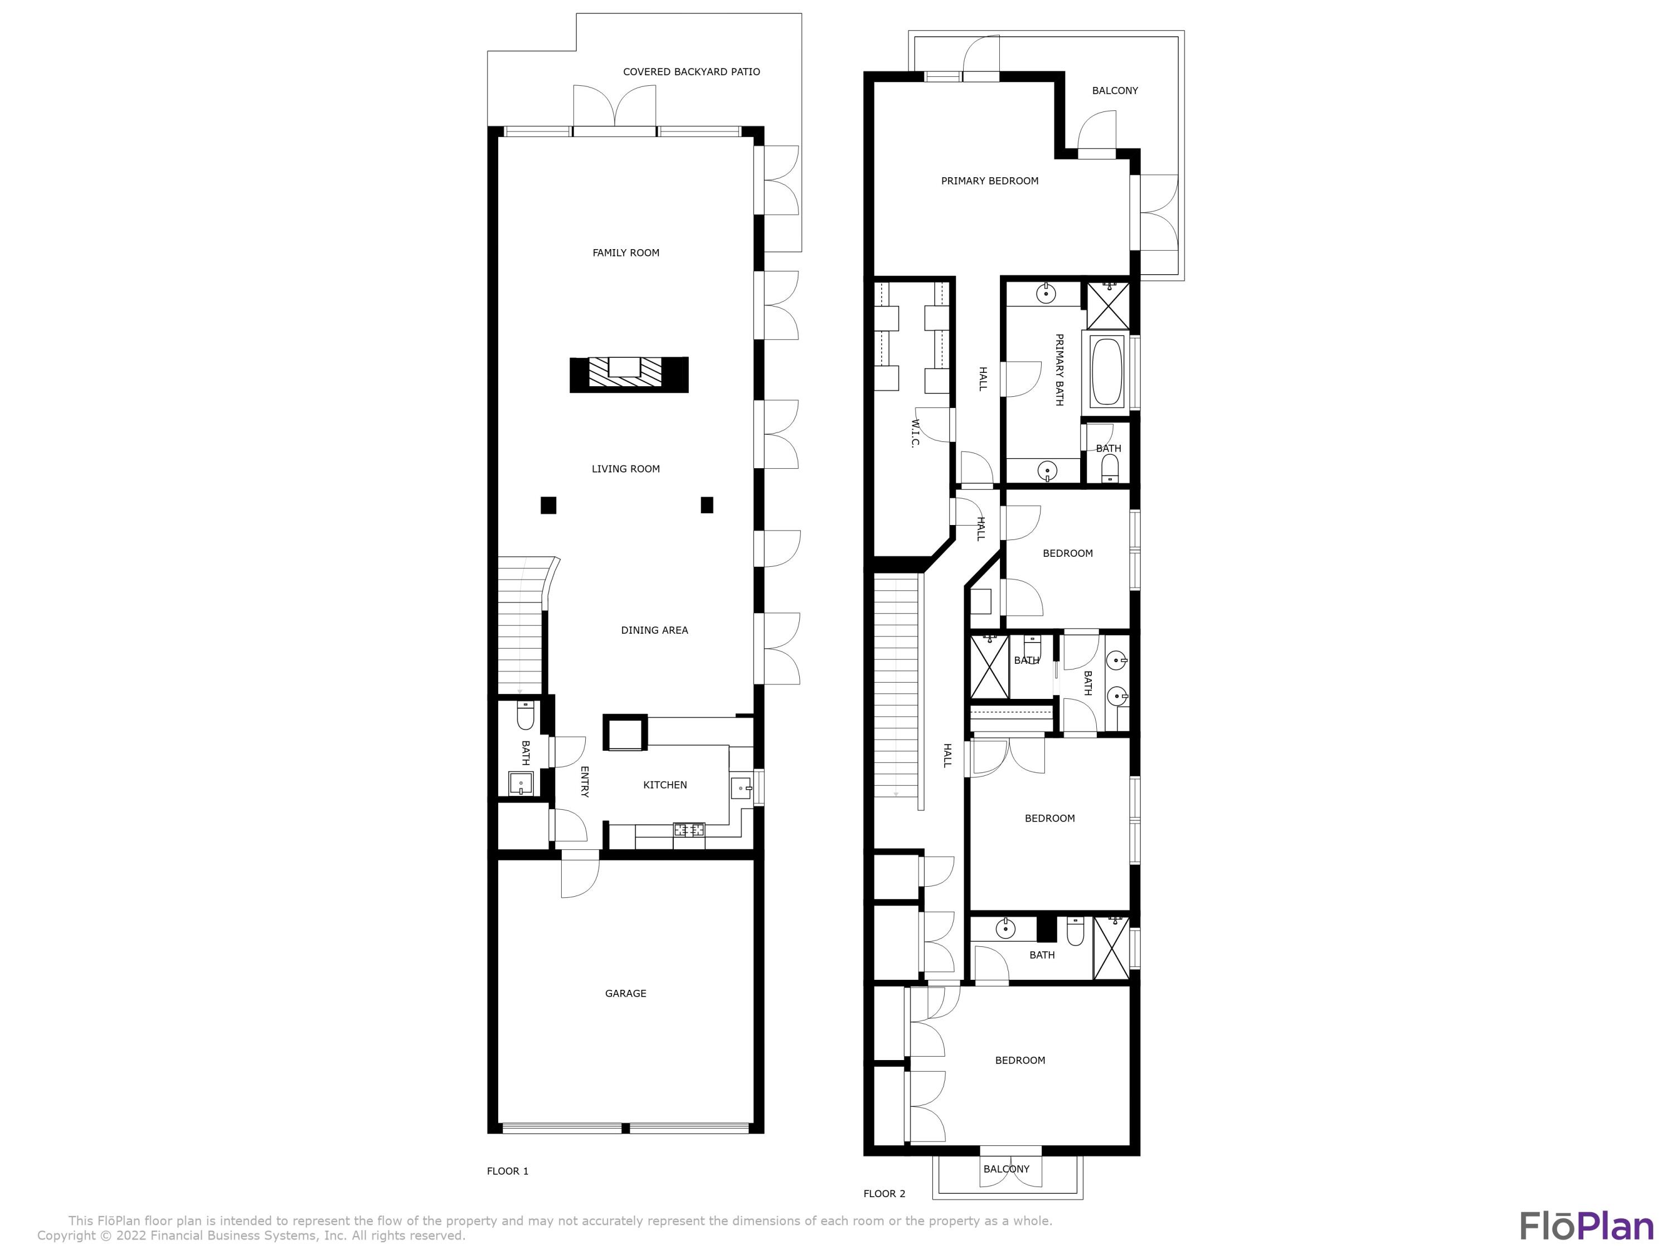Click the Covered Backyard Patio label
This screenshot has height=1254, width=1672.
(691, 72)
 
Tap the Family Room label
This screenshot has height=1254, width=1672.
(625, 252)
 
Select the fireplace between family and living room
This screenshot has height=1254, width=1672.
(628, 374)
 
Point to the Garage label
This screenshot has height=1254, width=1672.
(625, 993)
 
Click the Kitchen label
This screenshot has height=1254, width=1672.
(664, 785)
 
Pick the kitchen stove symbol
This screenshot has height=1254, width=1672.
(689, 829)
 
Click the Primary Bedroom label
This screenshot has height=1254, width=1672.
(989, 181)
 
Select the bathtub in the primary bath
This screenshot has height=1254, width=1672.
(1107, 371)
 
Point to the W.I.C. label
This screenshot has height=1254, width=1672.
(915, 433)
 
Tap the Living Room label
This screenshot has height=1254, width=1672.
(625, 469)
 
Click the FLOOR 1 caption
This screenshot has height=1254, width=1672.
(507, 1171)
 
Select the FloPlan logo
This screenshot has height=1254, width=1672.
(1586, 1226)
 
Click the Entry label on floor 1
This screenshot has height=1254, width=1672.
(584, 781)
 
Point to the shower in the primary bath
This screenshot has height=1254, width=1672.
(1107, 305)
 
